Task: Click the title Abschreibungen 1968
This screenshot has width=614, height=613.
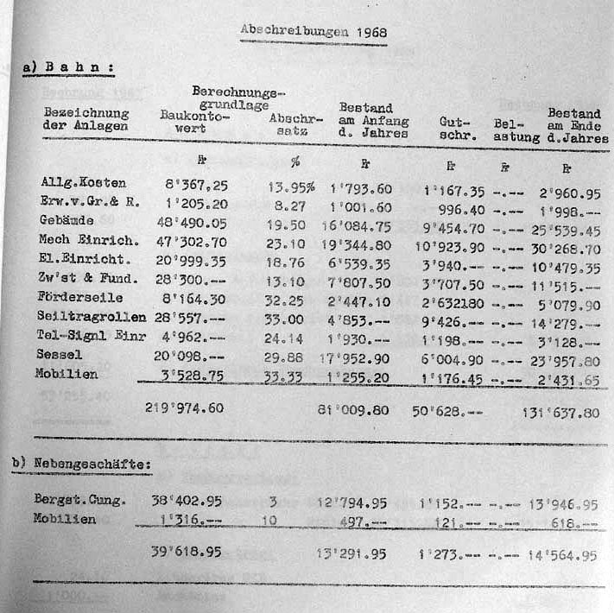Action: (x=313, y=32)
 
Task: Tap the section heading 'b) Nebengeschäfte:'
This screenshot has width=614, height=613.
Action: (x=81, y=464)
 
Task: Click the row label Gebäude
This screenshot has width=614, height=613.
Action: (x=66, y=220)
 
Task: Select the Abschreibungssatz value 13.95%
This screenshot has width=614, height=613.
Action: (x=292, y=184)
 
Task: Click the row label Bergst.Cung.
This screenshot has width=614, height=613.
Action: (x=79, y=502)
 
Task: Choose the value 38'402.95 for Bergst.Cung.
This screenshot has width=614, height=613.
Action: (x=187, y=502)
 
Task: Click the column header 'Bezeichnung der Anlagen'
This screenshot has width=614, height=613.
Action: (x=86, y=118)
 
